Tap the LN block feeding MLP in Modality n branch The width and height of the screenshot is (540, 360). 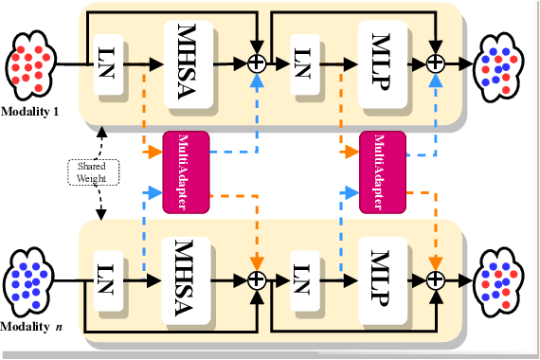click(301, 279)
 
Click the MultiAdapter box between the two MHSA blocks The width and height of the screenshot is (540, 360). click(185, 171)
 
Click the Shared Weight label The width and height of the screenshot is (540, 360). click(92, 171)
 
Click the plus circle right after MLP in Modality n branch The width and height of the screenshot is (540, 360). click(435, 279)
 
